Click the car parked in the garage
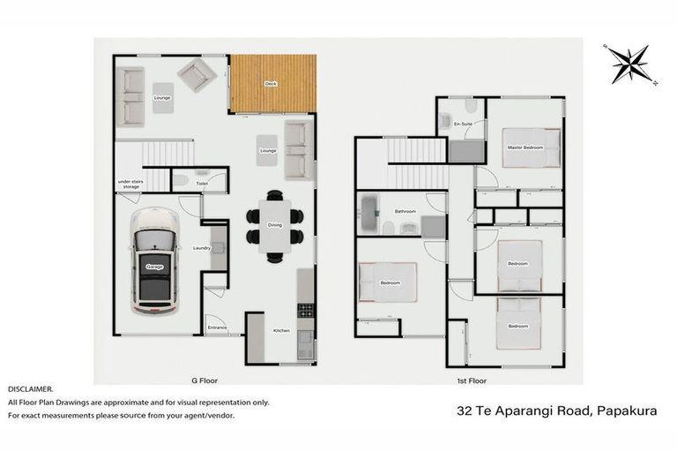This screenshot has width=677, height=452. (x=153, y=263)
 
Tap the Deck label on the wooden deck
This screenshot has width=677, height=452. (x=272, y=85)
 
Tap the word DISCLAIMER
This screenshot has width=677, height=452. (x=31, y=388)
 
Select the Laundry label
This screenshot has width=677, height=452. (x=202, y=248)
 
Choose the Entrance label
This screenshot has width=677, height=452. (x=217, y=328)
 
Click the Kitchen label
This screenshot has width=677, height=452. (x=281, y=330)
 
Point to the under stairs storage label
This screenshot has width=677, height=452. (x=130, y=185)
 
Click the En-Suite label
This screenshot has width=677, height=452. (x=463, y=125)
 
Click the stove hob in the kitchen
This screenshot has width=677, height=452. (x=305, y=311)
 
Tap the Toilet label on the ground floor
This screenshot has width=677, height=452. (x=202, y=184)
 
